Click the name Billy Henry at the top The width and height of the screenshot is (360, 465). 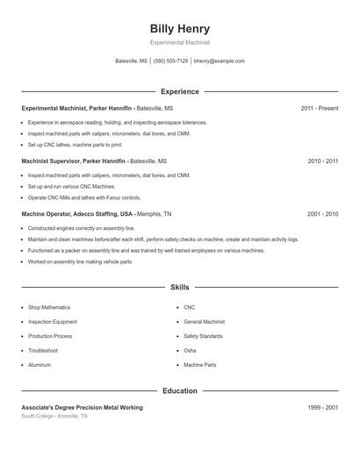coord(180,29)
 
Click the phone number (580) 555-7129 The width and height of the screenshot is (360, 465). coord(170,61)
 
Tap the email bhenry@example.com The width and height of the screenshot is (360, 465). coord(219,61)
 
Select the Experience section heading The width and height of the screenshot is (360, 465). coord(180,91)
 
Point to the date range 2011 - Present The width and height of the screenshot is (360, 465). coord(319,108)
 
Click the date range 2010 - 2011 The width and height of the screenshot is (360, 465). coord(322,161)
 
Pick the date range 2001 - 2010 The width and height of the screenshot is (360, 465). coord(322,213)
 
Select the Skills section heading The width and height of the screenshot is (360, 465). coord(180,287)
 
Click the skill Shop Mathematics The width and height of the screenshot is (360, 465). coord(49,308)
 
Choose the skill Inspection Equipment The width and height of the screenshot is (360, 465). coord(53,322)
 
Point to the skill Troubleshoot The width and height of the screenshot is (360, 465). coord(44,350)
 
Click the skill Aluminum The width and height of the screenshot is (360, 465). coord(40,364)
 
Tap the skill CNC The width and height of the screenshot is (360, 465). coord(190,308)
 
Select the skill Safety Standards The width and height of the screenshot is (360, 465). coord(204,336)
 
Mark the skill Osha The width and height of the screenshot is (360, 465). coord(191,350)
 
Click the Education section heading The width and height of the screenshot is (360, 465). coord(180,391)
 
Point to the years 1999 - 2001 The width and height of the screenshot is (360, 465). coord(322,408)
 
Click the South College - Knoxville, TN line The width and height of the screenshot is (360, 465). coord(54,416)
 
